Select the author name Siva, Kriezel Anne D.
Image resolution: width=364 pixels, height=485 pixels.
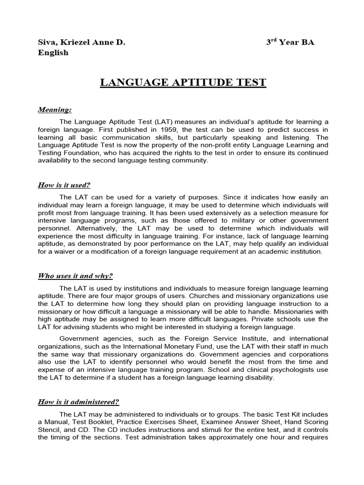point(82,42)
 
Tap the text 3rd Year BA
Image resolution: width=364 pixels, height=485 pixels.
point(290,42)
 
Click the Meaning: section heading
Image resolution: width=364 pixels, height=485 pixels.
point(55,110)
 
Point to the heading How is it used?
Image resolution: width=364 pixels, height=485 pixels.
point(64,185)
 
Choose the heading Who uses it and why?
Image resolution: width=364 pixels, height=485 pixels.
point(75,276)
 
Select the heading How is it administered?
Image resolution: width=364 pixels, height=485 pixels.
point(78,402)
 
